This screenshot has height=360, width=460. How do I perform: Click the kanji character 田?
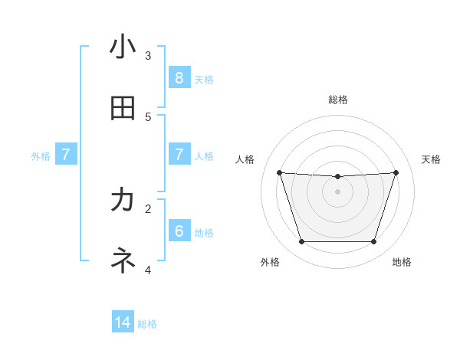(x=123, y=108)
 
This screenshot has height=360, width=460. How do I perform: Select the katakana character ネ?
(x=123, y=261)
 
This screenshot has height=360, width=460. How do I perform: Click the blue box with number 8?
(x=179, y=77)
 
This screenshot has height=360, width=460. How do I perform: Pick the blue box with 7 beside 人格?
(x=179, y=155)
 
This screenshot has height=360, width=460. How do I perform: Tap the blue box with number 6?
(x=179, y=231)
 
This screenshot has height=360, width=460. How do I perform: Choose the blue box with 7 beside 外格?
(x=66, y=155)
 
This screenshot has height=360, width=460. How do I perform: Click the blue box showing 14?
(x=123, y=322)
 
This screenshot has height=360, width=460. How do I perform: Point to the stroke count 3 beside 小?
(x=148, y=55)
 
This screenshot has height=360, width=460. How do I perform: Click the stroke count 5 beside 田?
(x=148, y=116)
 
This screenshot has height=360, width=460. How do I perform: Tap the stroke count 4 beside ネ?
(x=148, y=270)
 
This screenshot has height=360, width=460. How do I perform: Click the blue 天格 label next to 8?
(x=204, y=79)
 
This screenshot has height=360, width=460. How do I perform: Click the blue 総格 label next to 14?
(x=147, y=324)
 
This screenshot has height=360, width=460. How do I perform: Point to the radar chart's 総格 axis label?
(x=338, y=100)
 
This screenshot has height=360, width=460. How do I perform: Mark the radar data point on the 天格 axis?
(x=396, y=172)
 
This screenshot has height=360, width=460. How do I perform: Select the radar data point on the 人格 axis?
(x=279, y=172)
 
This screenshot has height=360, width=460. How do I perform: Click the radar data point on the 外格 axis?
(x=301, y=242)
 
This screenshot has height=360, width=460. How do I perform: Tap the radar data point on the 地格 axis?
(x=374, y=242)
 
